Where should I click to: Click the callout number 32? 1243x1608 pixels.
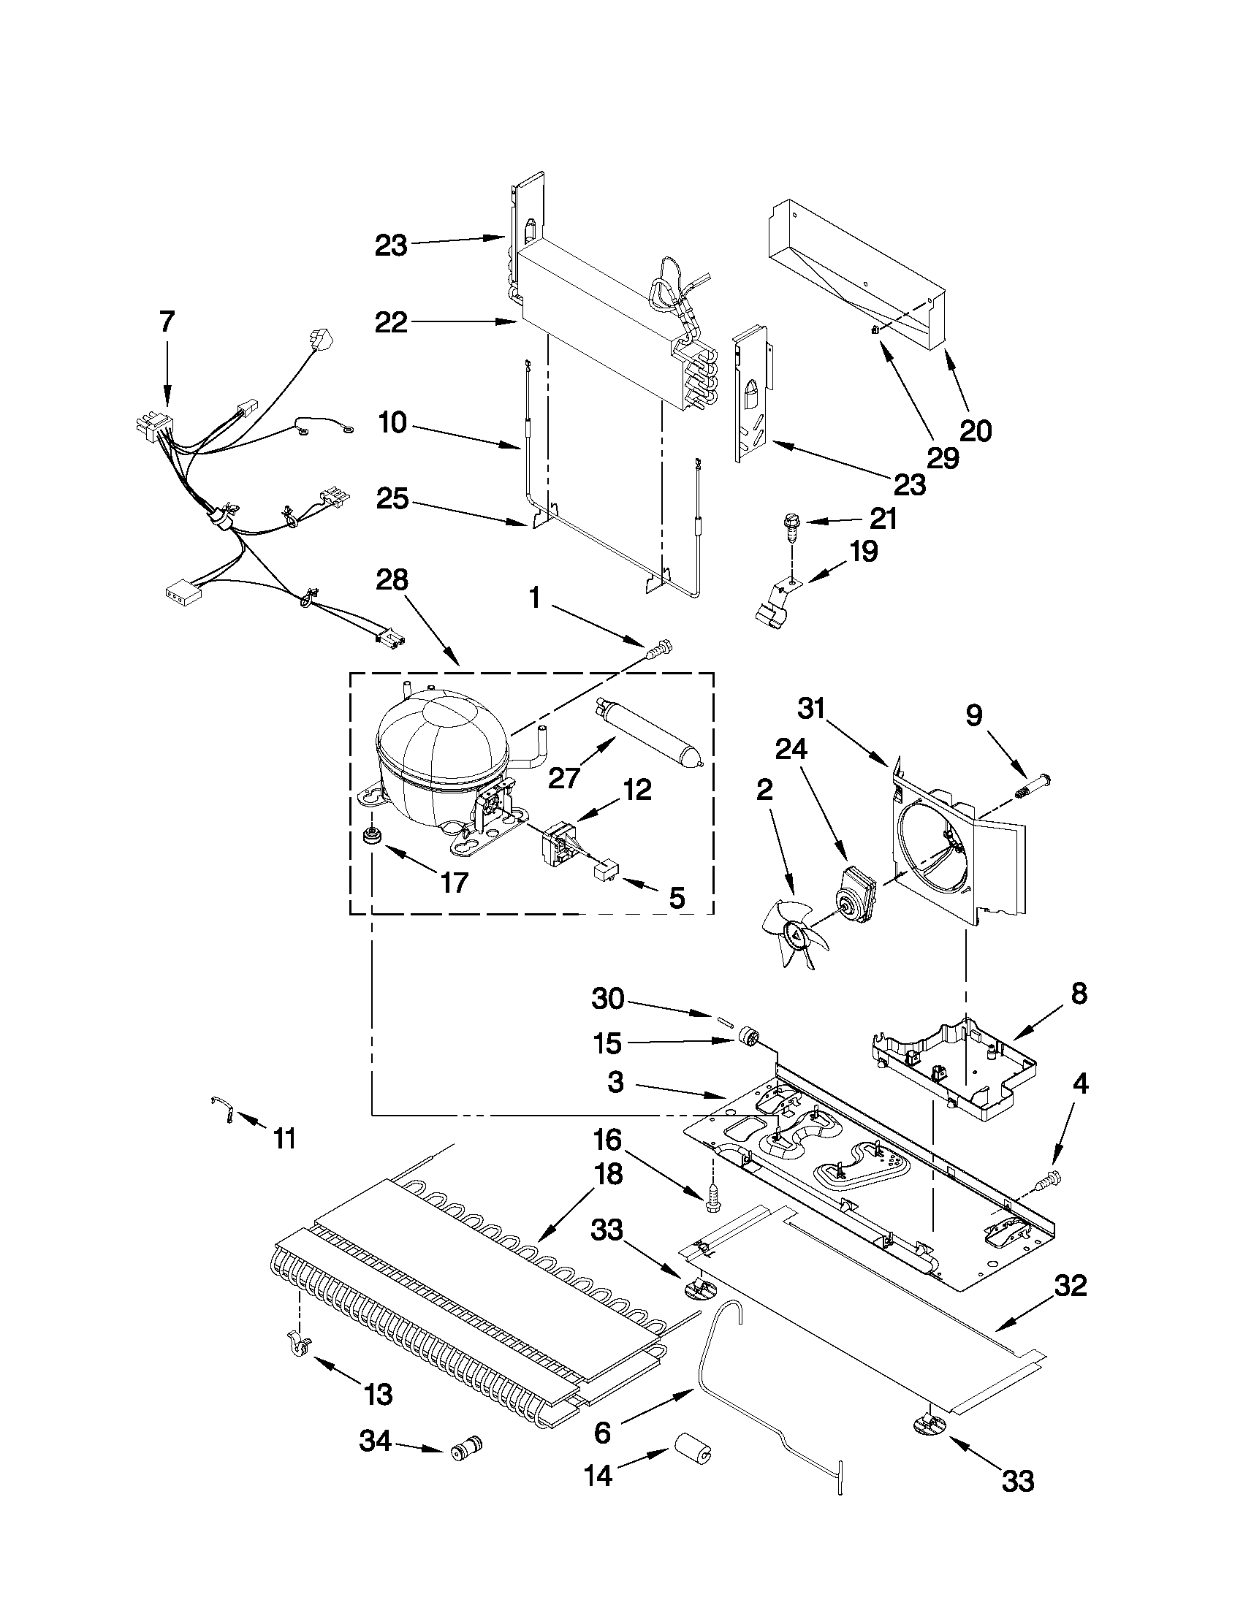pos(1071,1287)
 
